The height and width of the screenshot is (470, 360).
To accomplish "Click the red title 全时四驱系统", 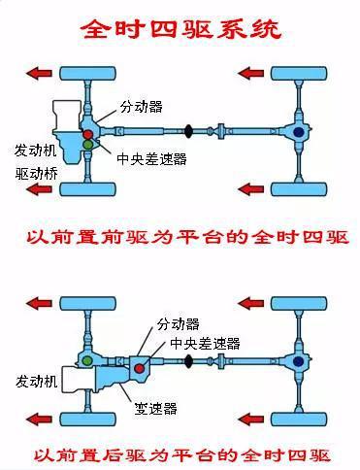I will click(180, 30).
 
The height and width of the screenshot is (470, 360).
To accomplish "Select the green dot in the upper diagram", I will click(89, 145).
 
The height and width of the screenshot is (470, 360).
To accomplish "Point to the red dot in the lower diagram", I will click(143, 366).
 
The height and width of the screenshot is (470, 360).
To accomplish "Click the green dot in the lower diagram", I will click(88, 361).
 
